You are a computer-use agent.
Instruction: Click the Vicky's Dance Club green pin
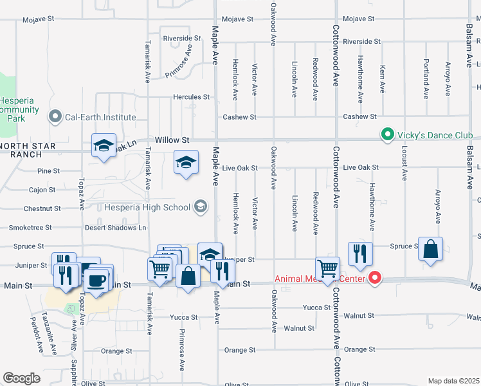click(386, 135)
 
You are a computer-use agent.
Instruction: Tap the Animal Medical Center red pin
click(374, 279)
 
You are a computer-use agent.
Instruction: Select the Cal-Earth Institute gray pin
click(55, 117)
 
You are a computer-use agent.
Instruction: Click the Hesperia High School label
click(147, 207)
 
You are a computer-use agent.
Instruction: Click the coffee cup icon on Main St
click(97, 280)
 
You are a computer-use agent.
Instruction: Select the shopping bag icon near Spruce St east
click(430, 249)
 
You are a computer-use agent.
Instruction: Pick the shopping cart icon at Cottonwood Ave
click(328, 268)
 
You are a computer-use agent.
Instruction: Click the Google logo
click(21, 378)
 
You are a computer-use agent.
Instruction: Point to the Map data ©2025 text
click(453, 381)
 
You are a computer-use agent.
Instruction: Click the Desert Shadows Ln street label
click(116, 228)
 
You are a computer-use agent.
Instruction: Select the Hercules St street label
click(191, 97)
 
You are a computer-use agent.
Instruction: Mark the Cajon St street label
click(42, 190)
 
